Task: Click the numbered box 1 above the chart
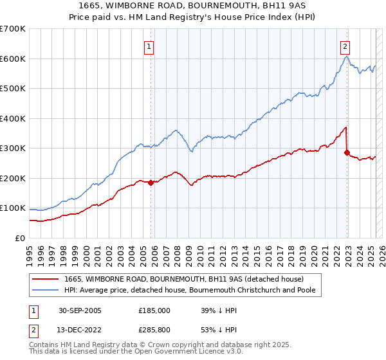pyautogui.click(x=149, y=46)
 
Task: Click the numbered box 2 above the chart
pyautogui.click(x=345, y=46)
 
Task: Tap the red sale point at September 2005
pyautogui.click(x=151, y=183)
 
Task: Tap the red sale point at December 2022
pyautogui.click(x=347, y=152)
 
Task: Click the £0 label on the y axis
pyautogui.click(x=19, y=238)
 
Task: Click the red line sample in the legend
pyautogui.click(x=47, y=279)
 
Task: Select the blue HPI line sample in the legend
pyautogui.click(x=47, y=290)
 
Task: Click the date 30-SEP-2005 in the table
pyautogui.click(x=80, y=310)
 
